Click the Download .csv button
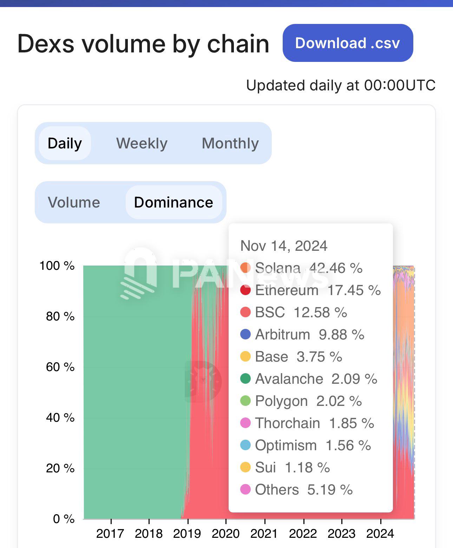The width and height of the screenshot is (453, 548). [x=348, y=43]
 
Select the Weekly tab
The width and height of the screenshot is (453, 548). [x=142, y=143]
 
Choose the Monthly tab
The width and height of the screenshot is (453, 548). [x=230, y=143]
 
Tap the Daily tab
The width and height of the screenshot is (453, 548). [x=65, y=143]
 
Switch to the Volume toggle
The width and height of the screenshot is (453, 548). [x=74, y=202]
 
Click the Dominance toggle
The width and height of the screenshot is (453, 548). [x=173, y=202]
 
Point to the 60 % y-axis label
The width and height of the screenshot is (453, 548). [x=60, y=367]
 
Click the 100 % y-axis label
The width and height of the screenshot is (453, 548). [x=57, y=266]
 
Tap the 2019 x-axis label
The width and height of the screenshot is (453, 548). [x=187, y=534]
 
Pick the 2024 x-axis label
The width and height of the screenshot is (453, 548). [x=380, y=534]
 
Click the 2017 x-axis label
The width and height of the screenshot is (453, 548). [x=110, y=534]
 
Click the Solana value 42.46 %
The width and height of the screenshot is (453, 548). [x=336, y=268]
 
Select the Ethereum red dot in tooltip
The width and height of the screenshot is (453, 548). [x=245, y=290]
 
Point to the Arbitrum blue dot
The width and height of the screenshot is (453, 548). [x=245, y=334]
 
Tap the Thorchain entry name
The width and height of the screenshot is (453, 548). [x=287, y=423]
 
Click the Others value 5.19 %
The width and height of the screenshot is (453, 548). [x=330, y=490]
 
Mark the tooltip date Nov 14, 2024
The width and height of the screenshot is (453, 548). [x=284, y=246]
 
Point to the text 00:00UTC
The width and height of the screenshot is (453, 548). [x=400, y=85]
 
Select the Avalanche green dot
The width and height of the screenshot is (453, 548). [x=245, y=379]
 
